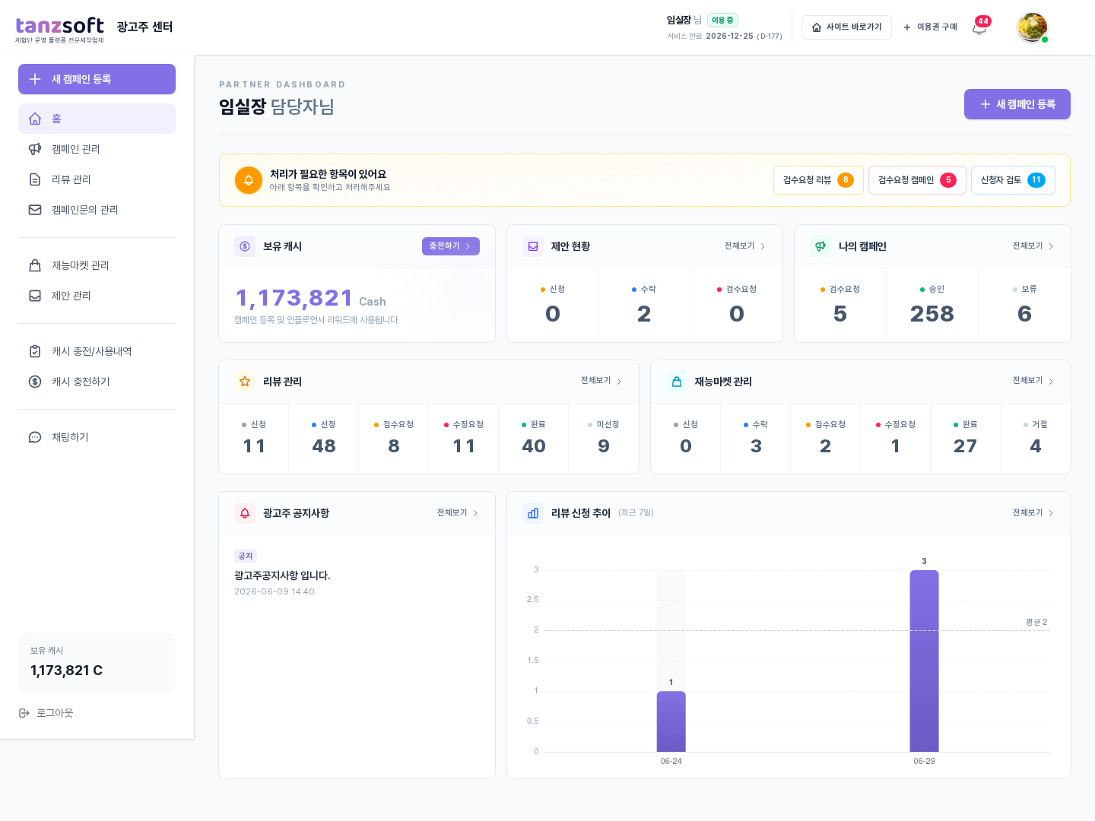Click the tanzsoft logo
point(59,30)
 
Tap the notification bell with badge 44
point(979,27)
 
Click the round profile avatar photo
point(1032,27)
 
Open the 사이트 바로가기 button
point(846,27)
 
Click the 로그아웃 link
point(46,713)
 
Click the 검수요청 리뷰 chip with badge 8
point(818,180)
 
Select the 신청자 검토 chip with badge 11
point(1013,180)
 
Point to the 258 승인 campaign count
point(932,314)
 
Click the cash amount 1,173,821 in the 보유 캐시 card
point(294,298)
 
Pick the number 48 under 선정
point(324,445)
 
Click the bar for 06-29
point(924,661)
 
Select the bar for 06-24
point(671,721)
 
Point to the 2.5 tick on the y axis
point(533,599)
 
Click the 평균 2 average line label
point(1036,622)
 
